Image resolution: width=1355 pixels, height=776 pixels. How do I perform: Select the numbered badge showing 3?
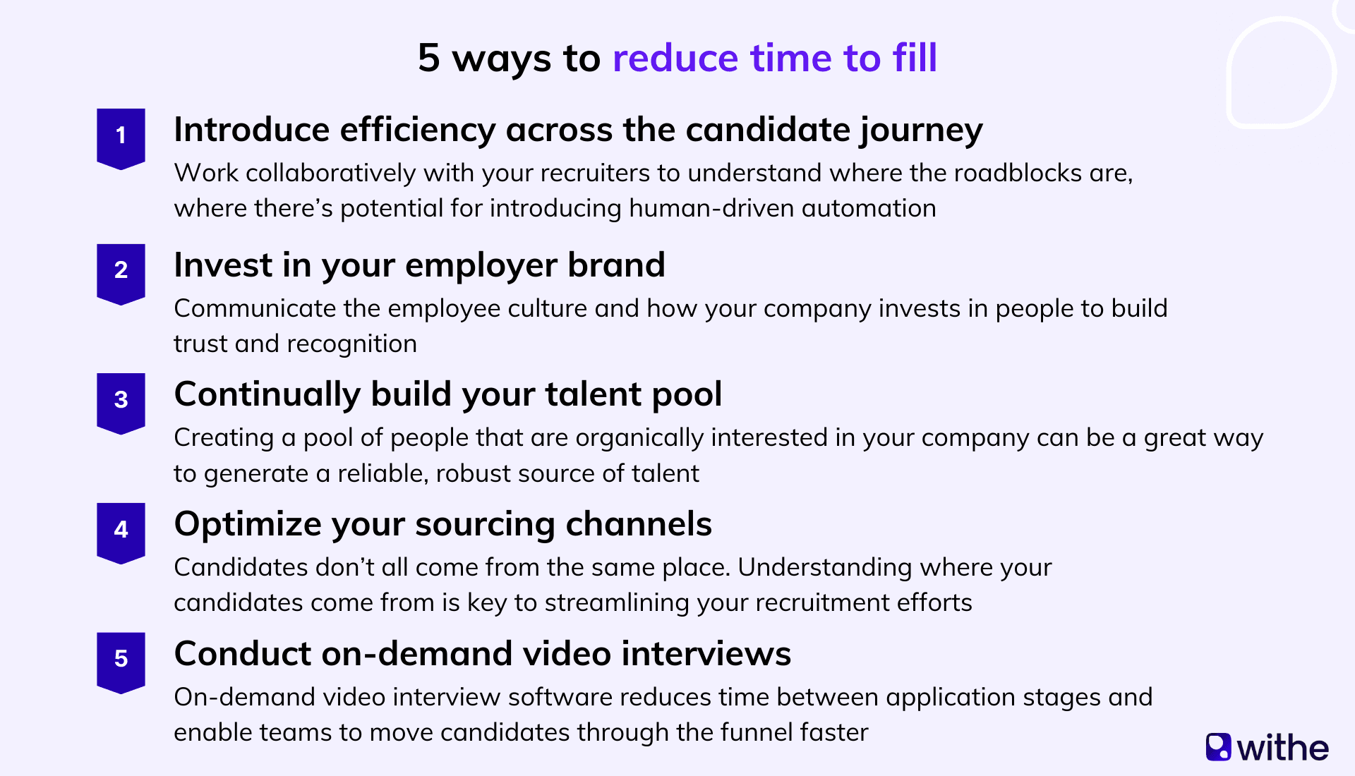121,401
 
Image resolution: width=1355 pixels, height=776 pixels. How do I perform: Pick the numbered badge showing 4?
121,531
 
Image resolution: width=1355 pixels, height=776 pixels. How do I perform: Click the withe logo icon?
1218,747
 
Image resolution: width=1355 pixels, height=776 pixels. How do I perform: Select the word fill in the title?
914,58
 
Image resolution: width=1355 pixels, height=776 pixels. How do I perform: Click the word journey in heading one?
920,131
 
